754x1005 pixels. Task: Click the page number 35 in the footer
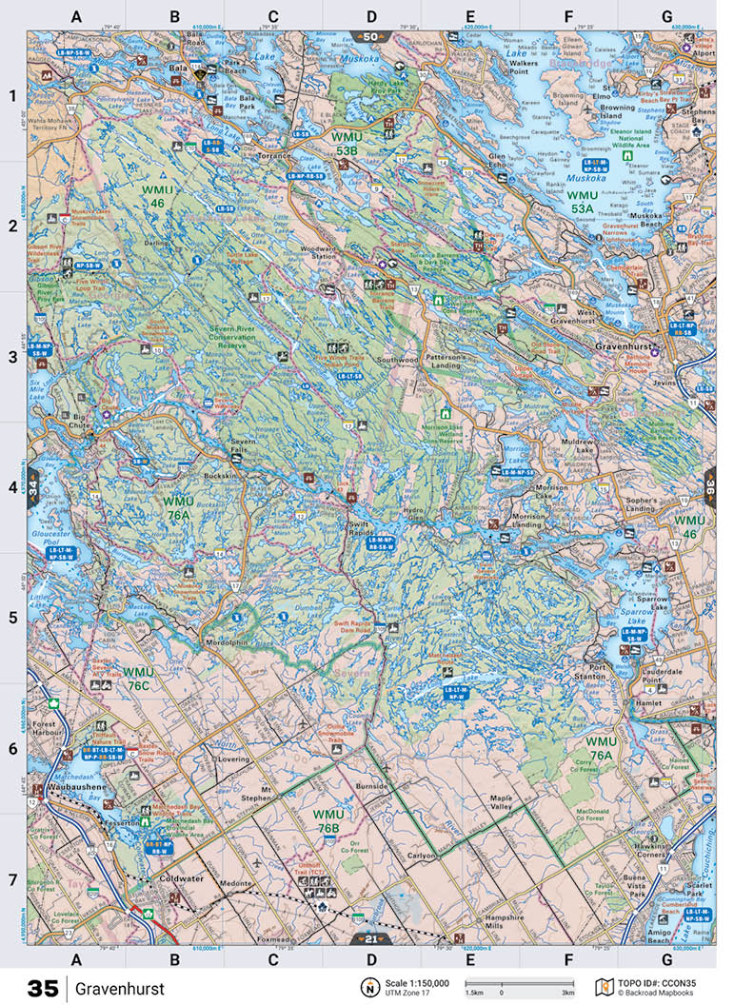pos(43,989)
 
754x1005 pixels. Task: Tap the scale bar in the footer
pos(519,984)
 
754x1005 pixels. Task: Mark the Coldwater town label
pos(181,878)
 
